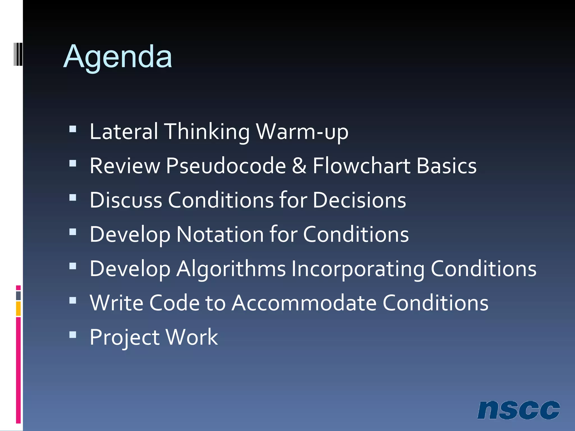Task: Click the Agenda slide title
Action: (x=118, y=57)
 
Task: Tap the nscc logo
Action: (x=518, y=410)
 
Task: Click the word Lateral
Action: (x=124, y=131)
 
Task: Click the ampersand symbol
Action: (x=299, y=166)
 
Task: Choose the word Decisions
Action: (x=359, y=200)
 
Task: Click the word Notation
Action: (x=220, y=234)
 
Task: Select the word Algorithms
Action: (x=231, y=269)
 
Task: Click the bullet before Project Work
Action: (x=73, y=335)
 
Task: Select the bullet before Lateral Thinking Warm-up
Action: (x=73, y=129)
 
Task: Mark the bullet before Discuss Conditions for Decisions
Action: (x=73, y=198)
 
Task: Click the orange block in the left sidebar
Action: (x=18, y=309)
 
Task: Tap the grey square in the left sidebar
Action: (x=18, y=296)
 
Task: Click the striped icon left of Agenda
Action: (x=18, y=54)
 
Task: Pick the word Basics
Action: (x=446, y=166)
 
